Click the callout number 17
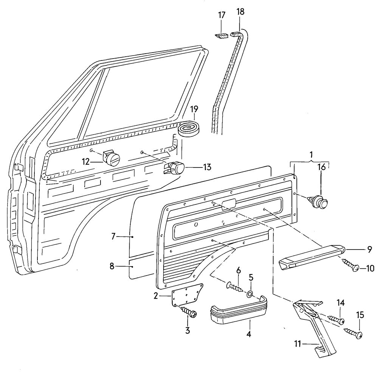222,15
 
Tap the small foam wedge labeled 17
222,36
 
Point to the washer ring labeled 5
250,294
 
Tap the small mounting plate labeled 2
187,293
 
